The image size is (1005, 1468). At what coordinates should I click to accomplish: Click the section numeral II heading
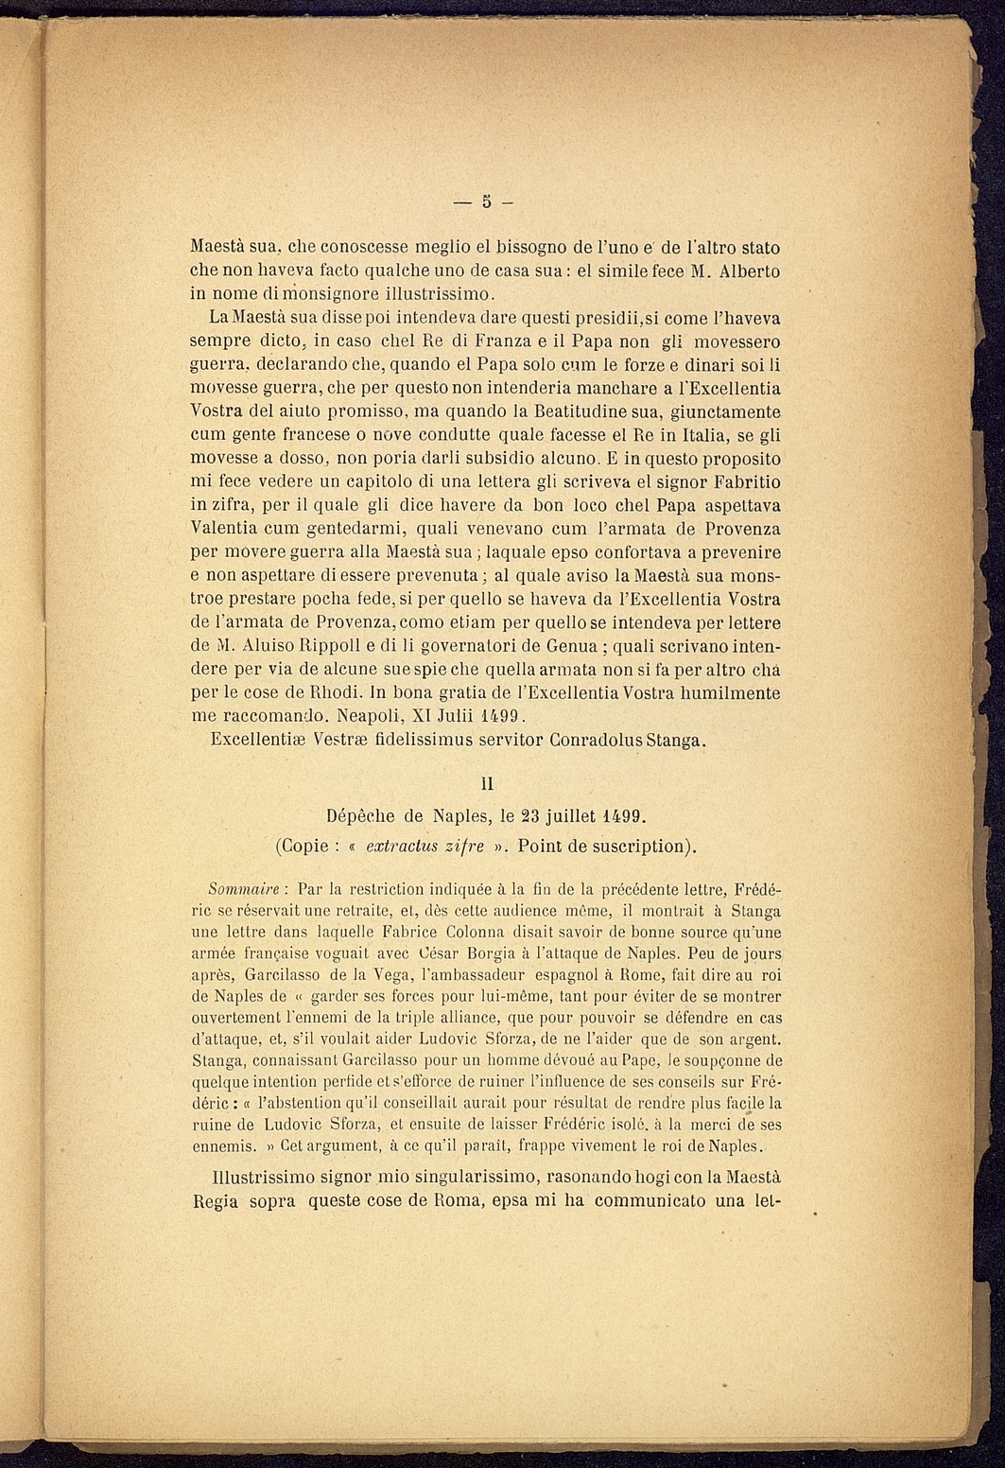(x=487, y=783)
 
